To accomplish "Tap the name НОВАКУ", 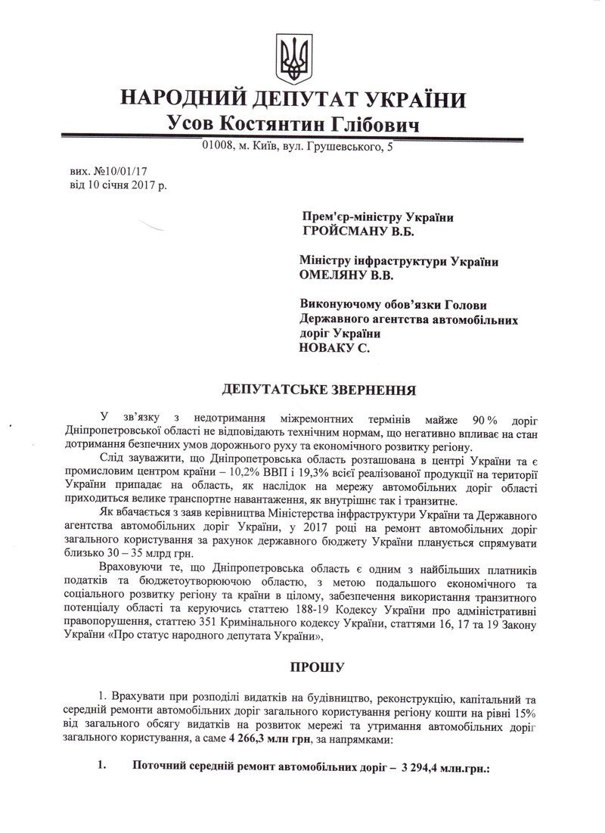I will tap(329, 349).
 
